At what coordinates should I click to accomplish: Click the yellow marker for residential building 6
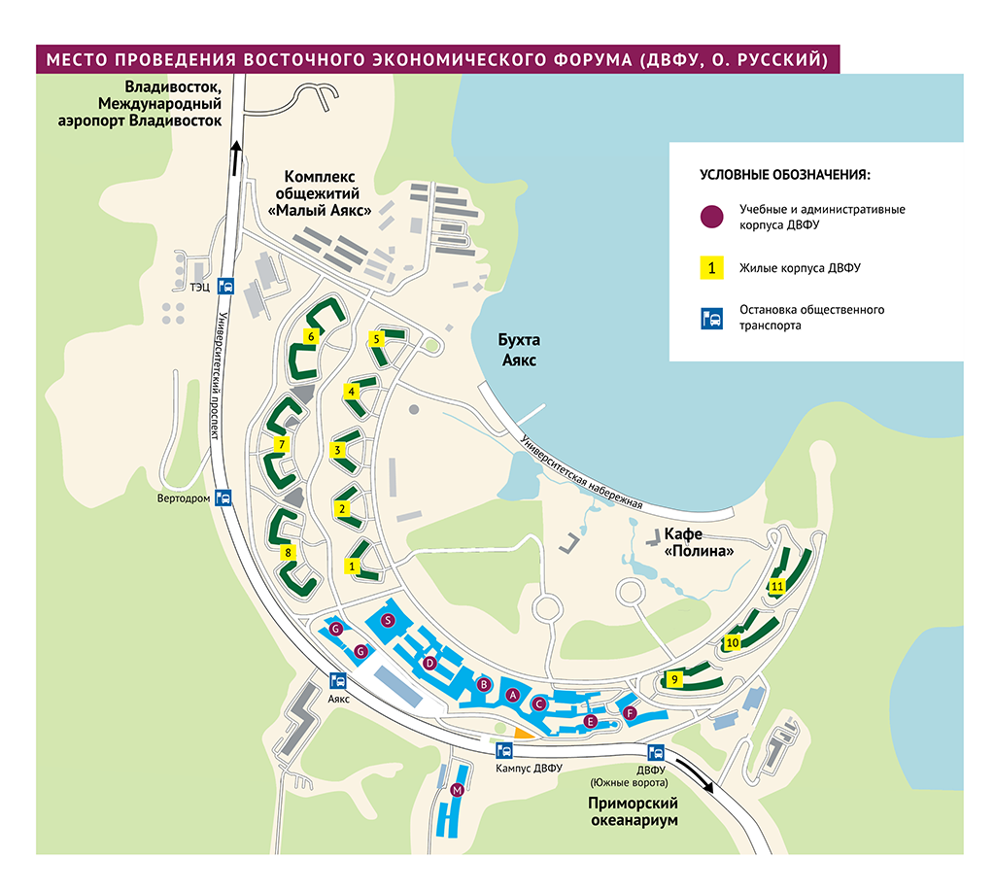[311, 336]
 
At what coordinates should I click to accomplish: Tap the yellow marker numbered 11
[776, 586]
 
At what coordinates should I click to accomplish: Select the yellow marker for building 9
[674, 679]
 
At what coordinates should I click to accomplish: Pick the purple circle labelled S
[388, 620]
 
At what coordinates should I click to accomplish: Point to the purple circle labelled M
[458, 791]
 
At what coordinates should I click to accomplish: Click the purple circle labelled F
[630, 714]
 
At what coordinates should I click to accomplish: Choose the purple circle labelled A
[512, 694]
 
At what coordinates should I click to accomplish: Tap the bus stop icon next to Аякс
[339, 680]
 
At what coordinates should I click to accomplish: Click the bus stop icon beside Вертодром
[223, 497]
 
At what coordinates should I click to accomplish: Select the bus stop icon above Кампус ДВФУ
[504, 750]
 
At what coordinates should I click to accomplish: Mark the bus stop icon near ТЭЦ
[225, 286]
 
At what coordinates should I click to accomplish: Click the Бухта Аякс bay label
[518, 351]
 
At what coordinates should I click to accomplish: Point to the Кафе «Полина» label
[697, 543]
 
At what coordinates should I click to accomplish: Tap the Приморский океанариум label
[632, 811]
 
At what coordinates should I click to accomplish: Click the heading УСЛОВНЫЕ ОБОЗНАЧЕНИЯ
[784, 175]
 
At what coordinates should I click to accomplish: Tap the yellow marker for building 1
[353, 565]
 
